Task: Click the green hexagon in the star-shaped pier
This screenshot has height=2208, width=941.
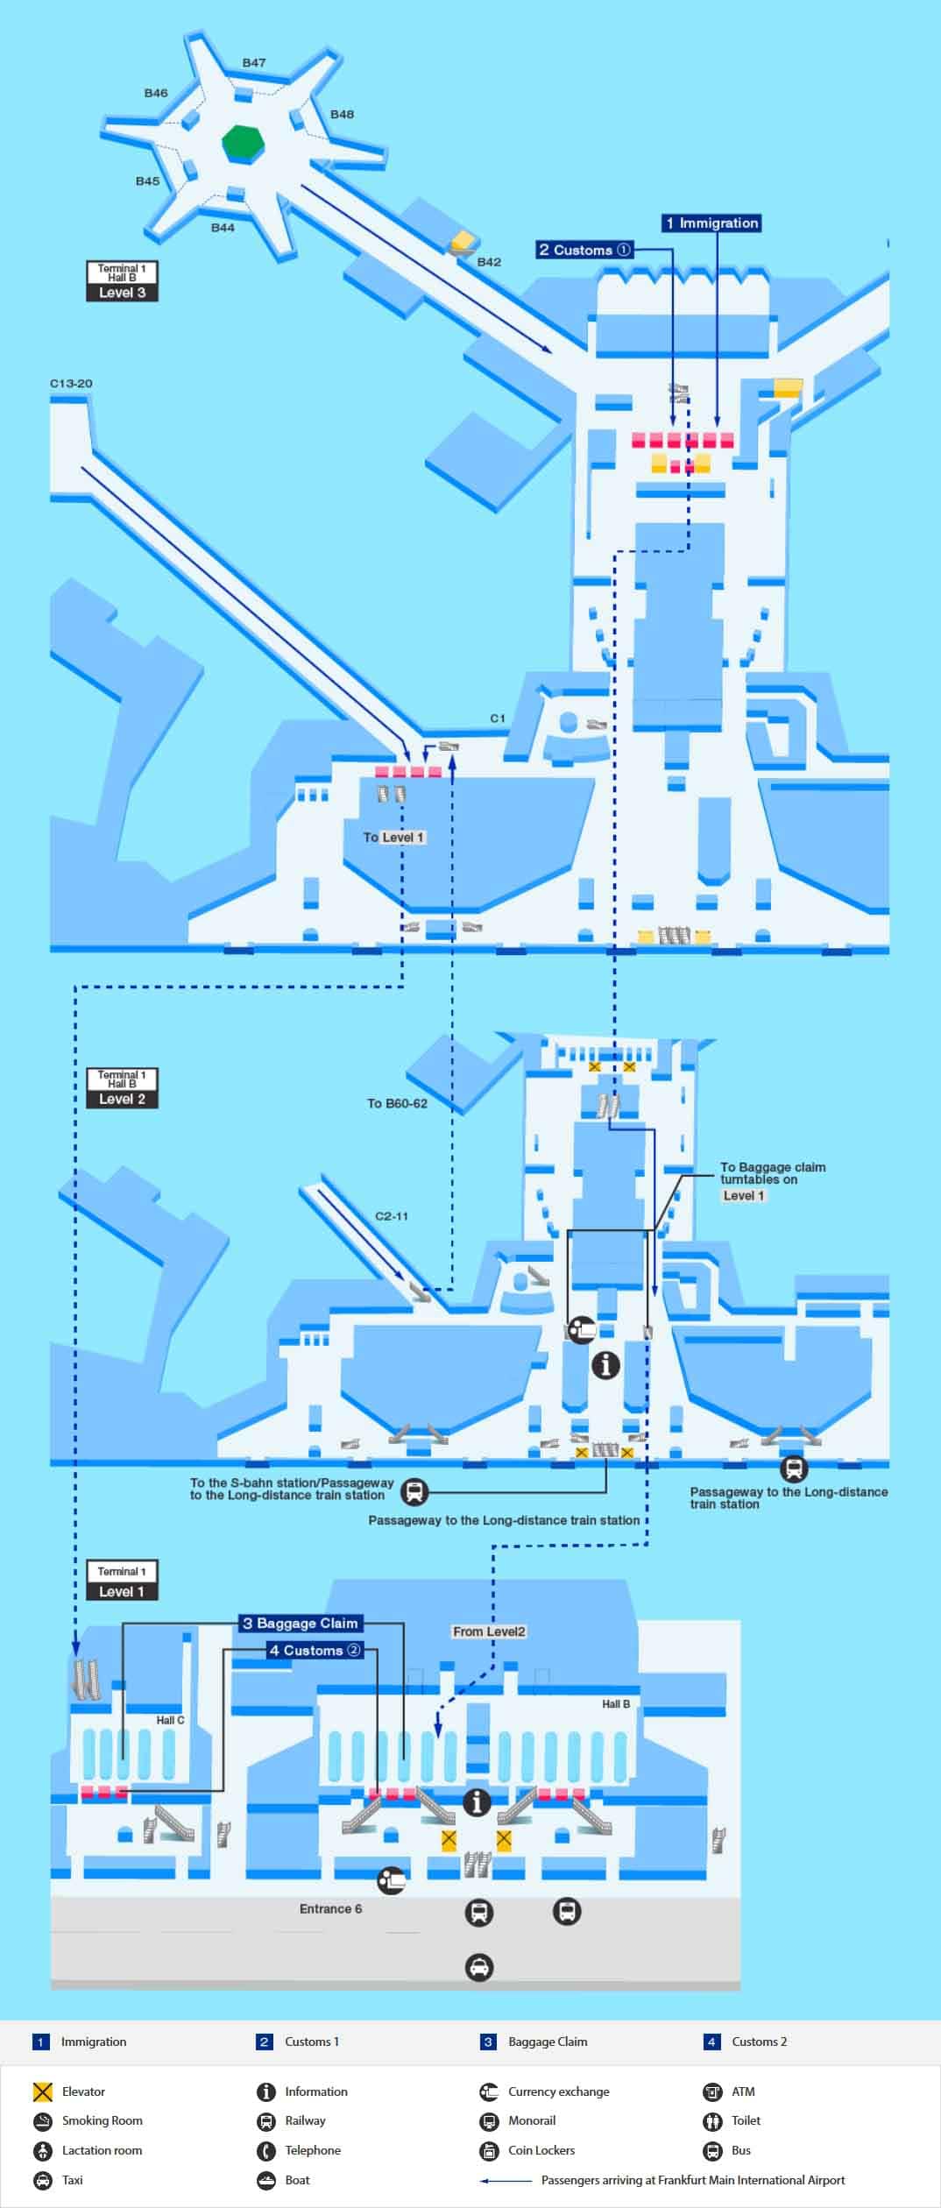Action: (243, 142)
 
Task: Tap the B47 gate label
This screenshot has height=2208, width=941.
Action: (254, 63)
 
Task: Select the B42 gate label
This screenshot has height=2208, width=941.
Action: (489, 262)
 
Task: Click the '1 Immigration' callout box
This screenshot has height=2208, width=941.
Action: (711, 223)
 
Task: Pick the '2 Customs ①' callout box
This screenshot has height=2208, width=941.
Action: (584, 250)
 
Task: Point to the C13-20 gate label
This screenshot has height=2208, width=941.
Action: (71, 384)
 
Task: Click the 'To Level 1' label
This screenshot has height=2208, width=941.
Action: (393, 837)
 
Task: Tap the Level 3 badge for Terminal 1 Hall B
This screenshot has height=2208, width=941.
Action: (122, 293)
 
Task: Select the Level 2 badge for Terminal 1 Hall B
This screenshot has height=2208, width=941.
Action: (122, 1099)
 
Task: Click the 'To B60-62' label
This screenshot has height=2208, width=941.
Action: (397, 1103)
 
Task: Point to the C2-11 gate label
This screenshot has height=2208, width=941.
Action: (391, 1216)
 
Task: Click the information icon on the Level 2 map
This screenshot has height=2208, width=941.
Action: (605, 1364)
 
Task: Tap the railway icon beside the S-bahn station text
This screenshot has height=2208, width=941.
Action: (414, 1491)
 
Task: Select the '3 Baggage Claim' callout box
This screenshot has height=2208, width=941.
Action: (301, 1623)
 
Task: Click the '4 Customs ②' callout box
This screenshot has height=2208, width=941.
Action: (315, 1650)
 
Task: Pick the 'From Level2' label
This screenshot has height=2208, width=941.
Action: (489, 1631)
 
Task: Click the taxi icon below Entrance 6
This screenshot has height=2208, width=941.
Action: (478, 1968)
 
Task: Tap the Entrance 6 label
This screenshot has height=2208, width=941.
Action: (330, 1908)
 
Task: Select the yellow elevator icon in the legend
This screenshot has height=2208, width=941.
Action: (43, 2091)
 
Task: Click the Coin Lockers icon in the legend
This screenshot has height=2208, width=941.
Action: (489, 2150)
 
